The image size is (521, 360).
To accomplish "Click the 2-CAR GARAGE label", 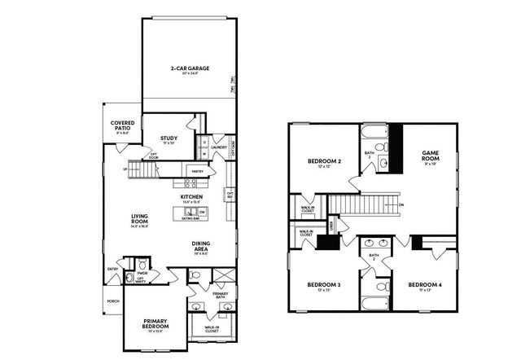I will point(187,68).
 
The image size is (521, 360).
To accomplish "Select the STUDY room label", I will point(169,138).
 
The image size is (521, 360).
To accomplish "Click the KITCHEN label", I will point(191,196).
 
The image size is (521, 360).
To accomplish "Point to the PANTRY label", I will point(197,172).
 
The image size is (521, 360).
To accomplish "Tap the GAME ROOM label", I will point(431,154).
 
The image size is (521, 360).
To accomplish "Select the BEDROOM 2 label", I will point(324,161).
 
